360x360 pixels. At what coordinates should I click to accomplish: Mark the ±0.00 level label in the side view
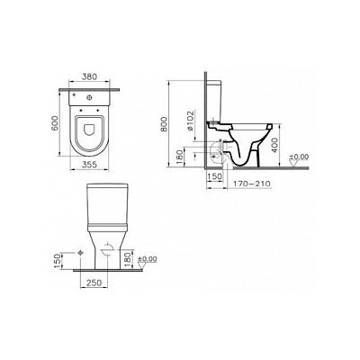[x=299, y=159]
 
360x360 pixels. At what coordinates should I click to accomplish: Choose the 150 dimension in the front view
[x=58, y=261]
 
